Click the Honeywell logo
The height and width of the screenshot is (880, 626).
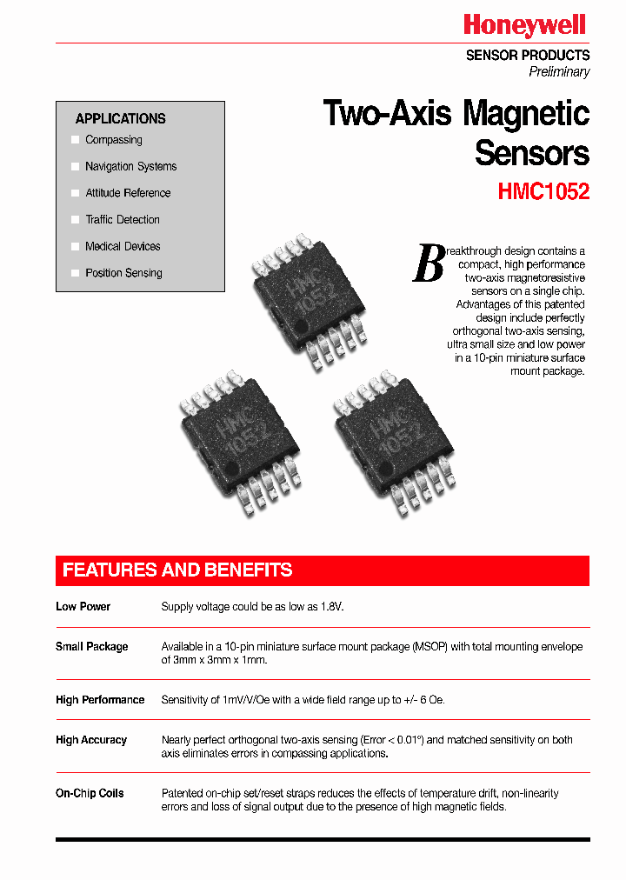coord(524,25)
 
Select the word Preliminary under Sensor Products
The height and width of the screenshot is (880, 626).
coord(559,72)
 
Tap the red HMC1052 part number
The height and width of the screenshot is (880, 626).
coord(543,192)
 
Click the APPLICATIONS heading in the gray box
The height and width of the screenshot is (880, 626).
coord(120,119)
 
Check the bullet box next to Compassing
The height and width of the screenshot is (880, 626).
coord(76,140)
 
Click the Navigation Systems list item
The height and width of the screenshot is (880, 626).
coord(130,167)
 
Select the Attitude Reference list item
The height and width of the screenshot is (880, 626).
coord(128,193)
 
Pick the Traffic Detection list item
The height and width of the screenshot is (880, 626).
coord(123,220)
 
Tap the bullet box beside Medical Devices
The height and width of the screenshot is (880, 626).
coord(76,247)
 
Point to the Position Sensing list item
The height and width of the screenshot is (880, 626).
coord(123,273)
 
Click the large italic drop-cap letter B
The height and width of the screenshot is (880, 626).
coord(428,263)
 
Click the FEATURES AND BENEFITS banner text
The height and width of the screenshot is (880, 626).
coord(177,570)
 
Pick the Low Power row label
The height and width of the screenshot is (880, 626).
coord(83,607)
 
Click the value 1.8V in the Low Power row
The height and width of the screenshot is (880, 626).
coord(331,607)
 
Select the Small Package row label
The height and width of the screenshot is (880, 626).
coord(92,647)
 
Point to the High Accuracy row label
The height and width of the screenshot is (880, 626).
coord(91,740)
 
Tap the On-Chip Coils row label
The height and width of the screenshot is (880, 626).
coord(90,793)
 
